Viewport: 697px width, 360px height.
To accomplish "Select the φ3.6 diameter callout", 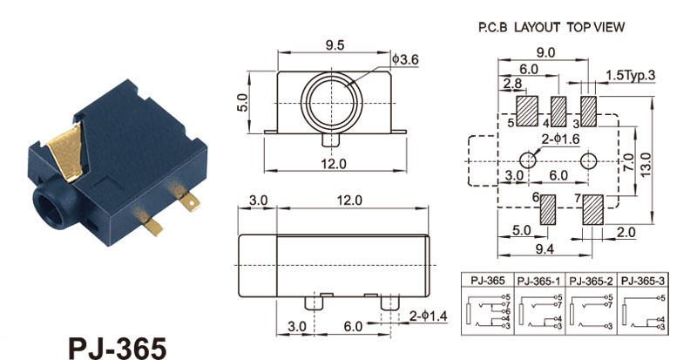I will click(x=407, y=59).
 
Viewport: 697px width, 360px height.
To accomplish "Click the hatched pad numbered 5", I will click(x=526, y=111).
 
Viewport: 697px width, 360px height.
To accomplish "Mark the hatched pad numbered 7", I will click(x=593, y=210).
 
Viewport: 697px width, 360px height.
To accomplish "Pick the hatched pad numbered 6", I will click(x=549, y=210).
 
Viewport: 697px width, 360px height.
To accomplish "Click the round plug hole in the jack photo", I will click(x=45, y=206).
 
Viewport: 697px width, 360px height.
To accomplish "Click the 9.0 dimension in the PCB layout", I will click(x=545, y=52).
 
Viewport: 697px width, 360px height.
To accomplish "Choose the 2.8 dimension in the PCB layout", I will click(x=511, y=84).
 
